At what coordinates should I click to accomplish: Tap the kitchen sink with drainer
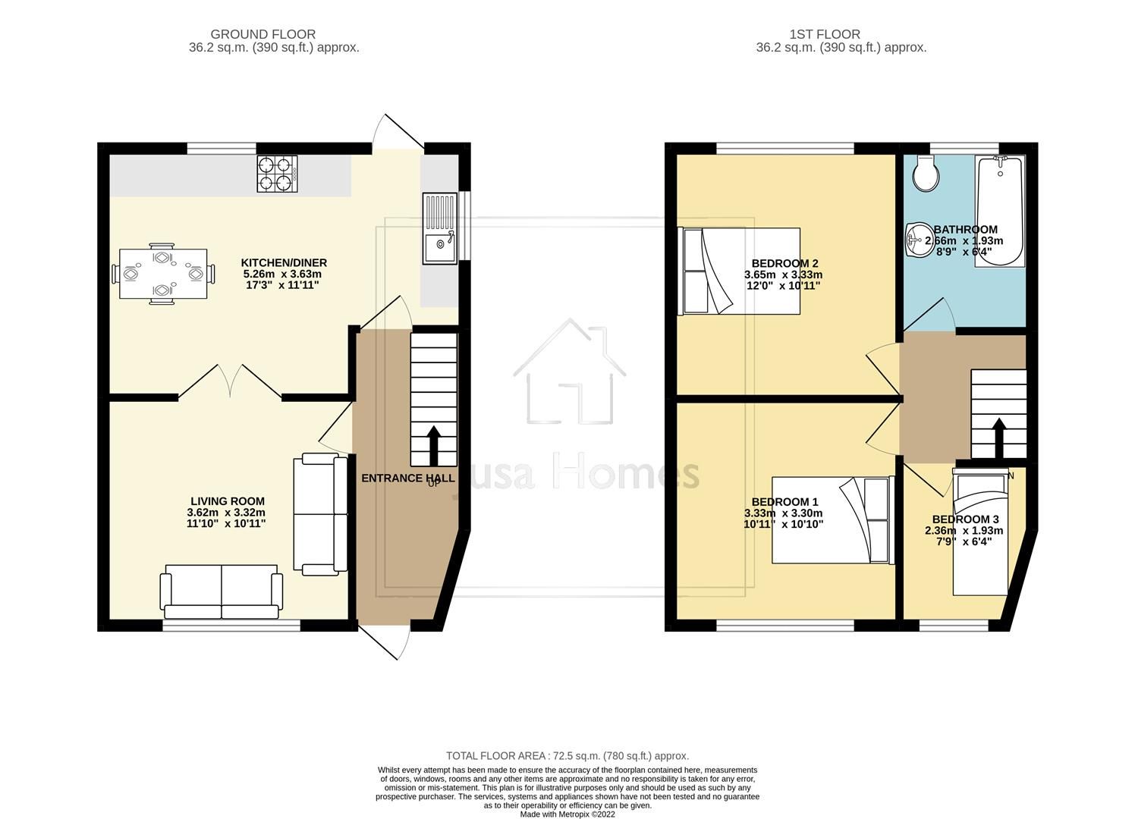(440, 228)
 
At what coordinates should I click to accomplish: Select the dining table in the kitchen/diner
(163, 273)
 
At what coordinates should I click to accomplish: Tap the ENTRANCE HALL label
(407, 478)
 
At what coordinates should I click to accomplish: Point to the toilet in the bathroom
(926, 174)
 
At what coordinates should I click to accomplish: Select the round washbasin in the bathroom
(920, 240)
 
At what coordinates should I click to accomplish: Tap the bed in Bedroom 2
(741, 271)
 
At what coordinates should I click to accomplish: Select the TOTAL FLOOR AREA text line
(567, 756)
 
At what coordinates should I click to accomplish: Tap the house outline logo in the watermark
(570, 372)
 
